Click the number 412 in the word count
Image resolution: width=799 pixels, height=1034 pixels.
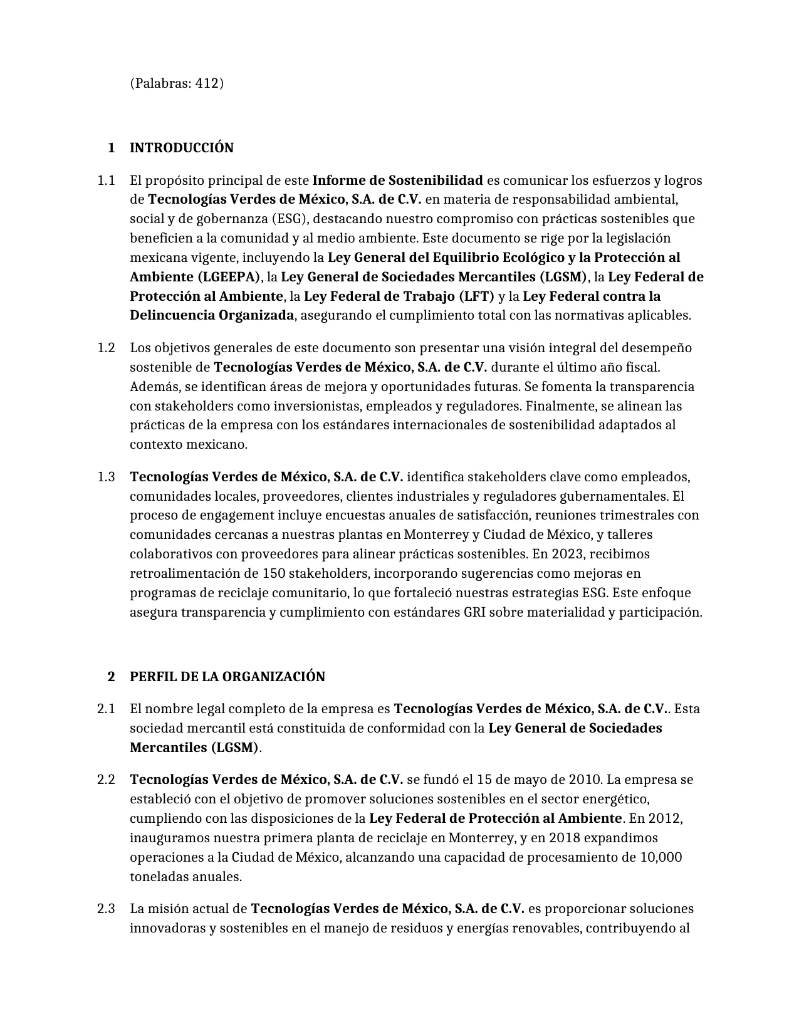[207, 83]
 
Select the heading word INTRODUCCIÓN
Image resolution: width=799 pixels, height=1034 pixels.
[182, 148]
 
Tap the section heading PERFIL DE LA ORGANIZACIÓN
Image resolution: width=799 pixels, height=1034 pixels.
[227, 677]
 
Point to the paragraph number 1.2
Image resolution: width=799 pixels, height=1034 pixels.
[107, 348]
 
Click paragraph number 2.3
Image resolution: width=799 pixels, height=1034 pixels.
[107, 909]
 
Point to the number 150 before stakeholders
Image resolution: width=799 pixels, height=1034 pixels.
[273, 573]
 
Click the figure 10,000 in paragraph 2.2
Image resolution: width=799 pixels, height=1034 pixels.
[661, 857]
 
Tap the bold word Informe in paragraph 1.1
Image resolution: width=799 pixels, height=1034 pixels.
[335, 180]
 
